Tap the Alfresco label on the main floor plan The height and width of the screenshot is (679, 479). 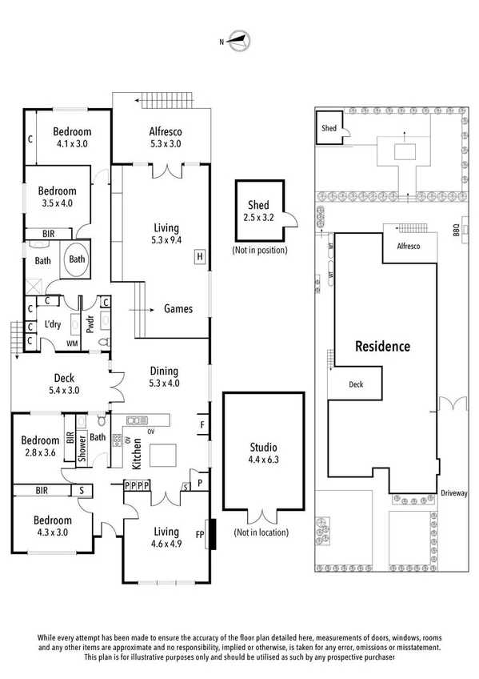pyautogui.click(x=166, y=138)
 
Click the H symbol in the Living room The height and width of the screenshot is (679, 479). pyautogui.click(x=198, y=257)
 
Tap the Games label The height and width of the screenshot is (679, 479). pyautogui.click(x=178, y=308)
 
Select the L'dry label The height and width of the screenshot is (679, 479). pyautogui.click(x=54, y=323)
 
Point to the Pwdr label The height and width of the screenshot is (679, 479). pyautogui.click(x=90, y=324)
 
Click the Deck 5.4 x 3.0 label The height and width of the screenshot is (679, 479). pyautogui.click(x=64, y=384)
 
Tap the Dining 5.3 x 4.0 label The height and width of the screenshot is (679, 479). pyautogui.click(x=163, y=377)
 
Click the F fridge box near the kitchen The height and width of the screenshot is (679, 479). pyautogui.click(x=202, y=424)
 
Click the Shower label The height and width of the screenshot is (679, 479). pyautogui.click(x=82, y=451)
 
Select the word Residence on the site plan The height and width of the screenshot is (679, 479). pyautogui.click(x=382, y=347)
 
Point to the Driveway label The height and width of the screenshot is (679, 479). pyautogui.click(x=453, y=493)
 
